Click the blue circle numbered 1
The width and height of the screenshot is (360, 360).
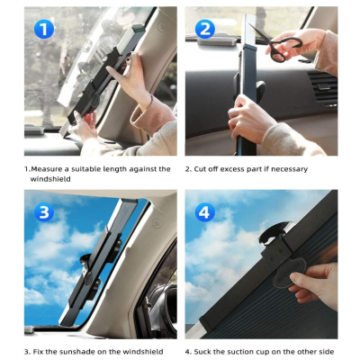(44, 29)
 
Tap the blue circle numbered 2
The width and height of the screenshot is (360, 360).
(205, 29)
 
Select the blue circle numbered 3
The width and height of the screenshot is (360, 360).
(44, 212)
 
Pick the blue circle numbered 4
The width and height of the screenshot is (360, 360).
(205, 212)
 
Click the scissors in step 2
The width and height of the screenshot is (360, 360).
(276, 43)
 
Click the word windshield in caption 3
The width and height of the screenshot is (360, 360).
(143, 351)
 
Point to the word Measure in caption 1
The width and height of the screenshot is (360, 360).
(46, 169)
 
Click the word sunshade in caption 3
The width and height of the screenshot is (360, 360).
(75, 351)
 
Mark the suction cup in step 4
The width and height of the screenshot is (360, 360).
(274, 232)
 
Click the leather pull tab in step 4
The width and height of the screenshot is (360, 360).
(289, 274)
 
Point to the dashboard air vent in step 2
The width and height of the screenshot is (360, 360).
(322, 88)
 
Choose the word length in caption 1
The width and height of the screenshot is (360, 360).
(114, 169)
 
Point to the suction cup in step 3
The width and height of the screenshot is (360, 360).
(86, 262)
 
